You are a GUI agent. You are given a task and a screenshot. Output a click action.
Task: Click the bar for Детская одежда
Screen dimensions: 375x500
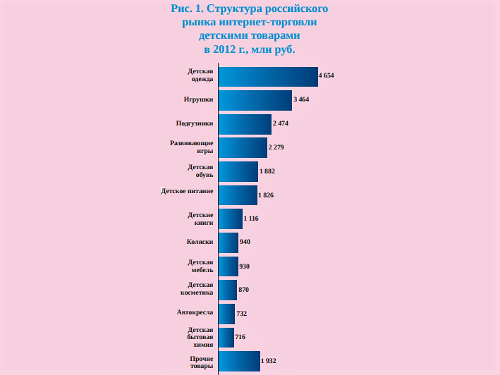point(268,76)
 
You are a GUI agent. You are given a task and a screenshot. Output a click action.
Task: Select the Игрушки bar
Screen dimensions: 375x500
point(255,100)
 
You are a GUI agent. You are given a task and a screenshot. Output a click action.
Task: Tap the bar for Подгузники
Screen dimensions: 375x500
point(245,123)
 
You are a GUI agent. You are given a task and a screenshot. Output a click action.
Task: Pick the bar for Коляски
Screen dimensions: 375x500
point(228,242)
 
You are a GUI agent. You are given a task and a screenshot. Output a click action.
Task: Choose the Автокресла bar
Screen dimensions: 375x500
point(226,314)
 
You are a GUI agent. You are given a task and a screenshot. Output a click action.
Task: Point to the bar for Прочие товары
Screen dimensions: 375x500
point(239,361)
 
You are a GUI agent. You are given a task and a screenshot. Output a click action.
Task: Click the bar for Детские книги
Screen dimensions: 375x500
point(231,219)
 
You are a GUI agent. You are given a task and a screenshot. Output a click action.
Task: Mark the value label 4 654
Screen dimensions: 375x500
point(327,75)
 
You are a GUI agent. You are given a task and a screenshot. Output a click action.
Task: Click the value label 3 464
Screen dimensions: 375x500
point(301,99)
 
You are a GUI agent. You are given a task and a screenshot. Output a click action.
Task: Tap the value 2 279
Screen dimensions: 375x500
point(276,147)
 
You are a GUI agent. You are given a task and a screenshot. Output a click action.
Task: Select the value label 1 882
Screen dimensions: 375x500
point(267,171)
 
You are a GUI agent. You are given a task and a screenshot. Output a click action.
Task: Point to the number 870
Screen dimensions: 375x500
point(244,290)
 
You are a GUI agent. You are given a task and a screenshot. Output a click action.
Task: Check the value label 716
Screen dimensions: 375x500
point(240,338)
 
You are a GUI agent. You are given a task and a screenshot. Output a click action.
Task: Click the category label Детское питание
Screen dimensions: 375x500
point(187,191)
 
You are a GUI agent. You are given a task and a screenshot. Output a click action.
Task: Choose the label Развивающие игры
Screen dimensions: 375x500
point(192,147)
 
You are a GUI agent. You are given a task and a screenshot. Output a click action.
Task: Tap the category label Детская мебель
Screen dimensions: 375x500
point(200,266)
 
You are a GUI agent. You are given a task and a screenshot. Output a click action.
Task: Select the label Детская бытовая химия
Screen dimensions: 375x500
point(200,337)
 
